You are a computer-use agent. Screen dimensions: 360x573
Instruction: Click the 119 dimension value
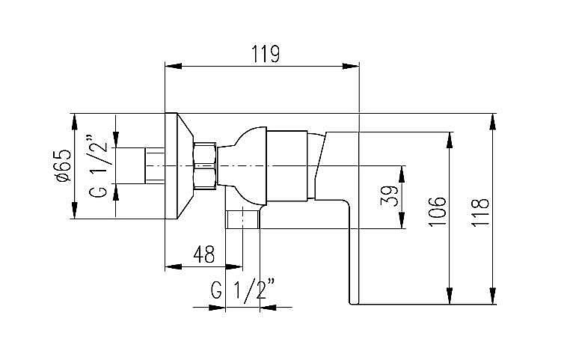(265, 54)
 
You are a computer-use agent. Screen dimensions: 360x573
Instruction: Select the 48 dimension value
(203, 254)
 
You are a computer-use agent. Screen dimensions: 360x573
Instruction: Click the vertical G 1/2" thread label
(99, 166)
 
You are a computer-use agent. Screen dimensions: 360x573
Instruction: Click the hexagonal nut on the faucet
(204, 165)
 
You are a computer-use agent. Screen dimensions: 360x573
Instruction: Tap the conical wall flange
(177, 166)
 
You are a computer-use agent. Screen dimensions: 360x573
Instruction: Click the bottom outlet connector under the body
(243, 219)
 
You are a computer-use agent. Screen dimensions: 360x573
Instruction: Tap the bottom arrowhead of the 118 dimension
(493, 297)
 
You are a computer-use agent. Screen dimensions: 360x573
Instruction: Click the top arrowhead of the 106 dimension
(451, 140)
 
